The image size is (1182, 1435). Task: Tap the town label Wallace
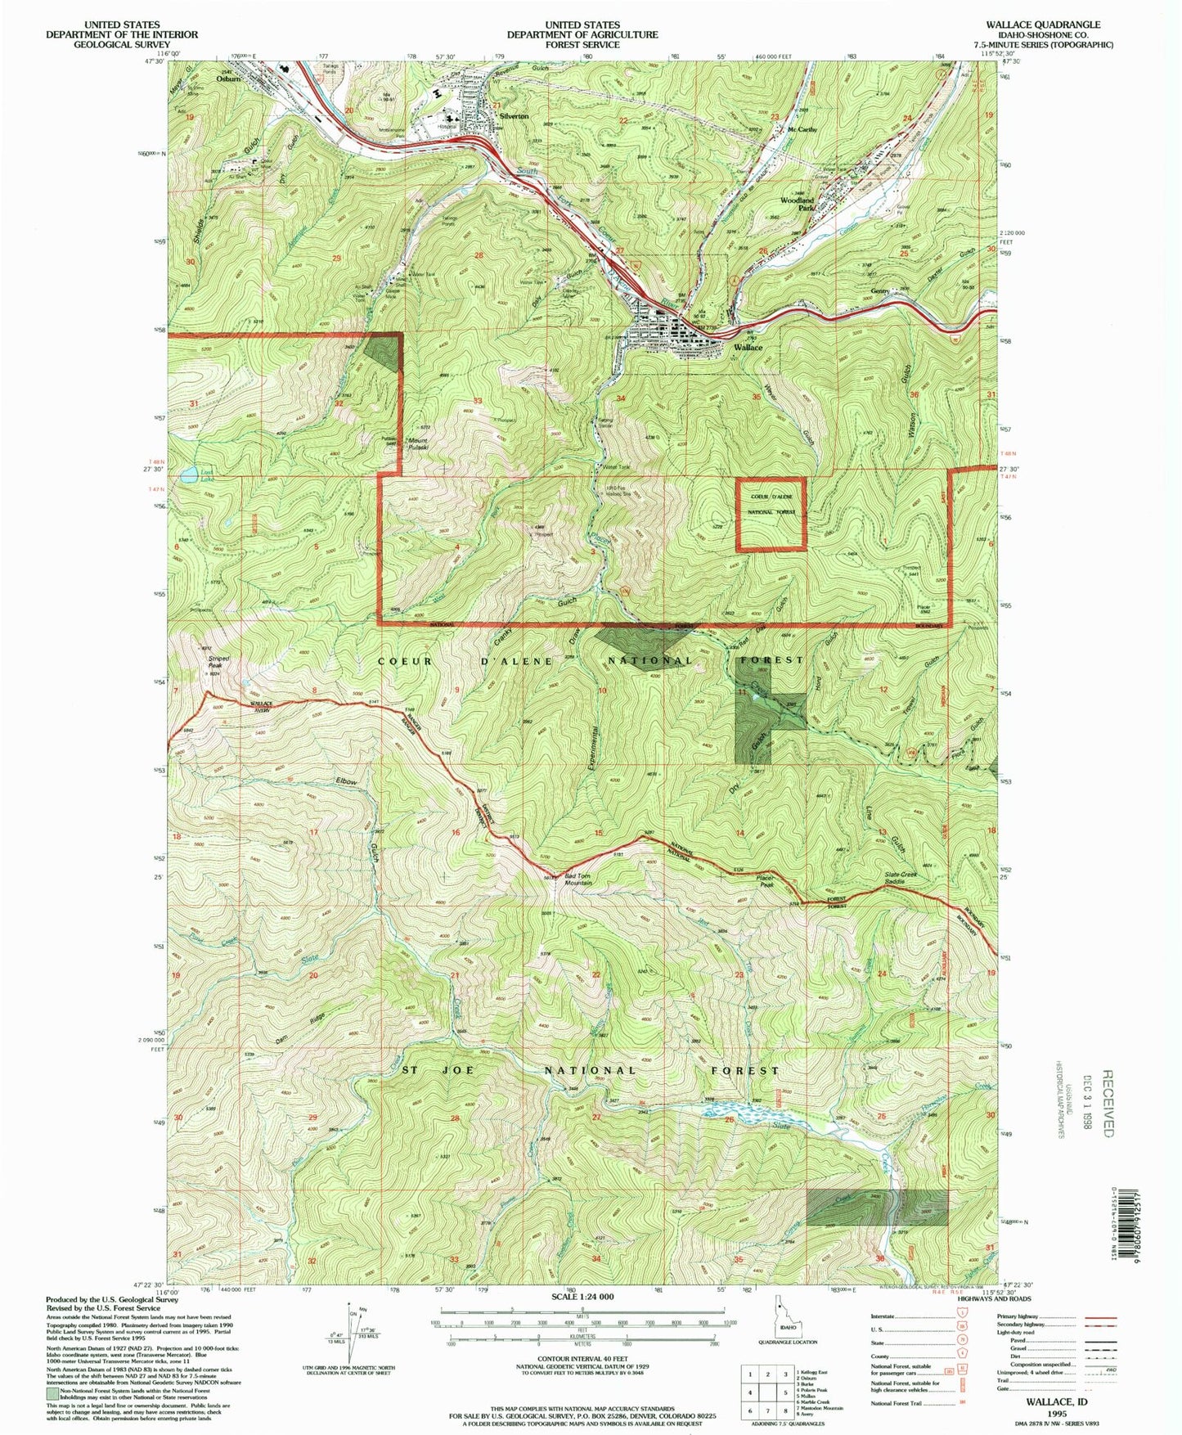(748, 348)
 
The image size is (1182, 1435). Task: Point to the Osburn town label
(228, 79)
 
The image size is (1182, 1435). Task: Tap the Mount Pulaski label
(425, 445)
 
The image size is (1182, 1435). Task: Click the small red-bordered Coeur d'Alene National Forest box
(771, 513)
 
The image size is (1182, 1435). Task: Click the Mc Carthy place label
(802, 130)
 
